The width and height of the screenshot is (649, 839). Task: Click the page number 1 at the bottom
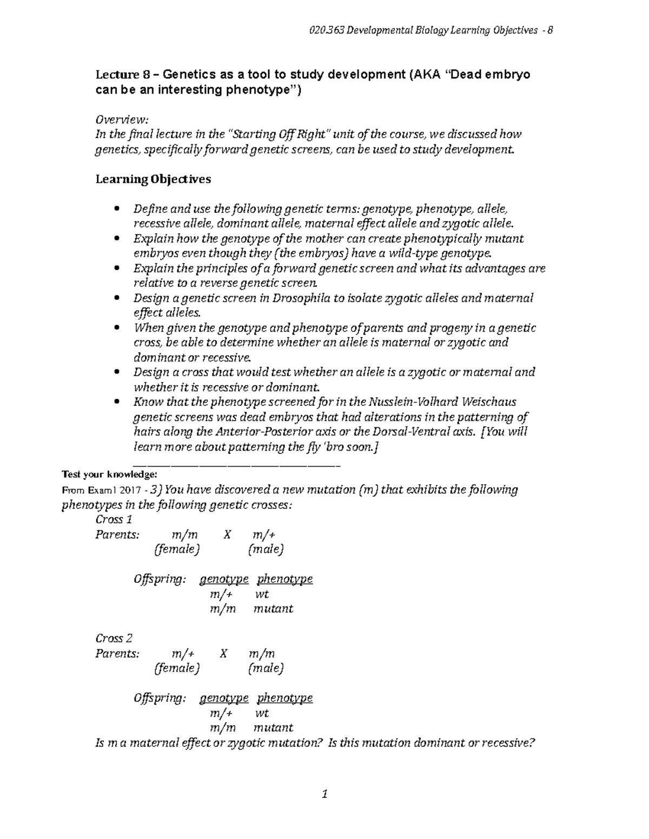point(325,794)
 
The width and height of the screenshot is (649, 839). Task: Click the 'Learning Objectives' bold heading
point(153,179)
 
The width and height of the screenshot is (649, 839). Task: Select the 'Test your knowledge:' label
point(109,474)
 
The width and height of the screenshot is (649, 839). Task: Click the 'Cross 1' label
point(114,519)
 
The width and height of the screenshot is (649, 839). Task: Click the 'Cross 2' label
point(114,638)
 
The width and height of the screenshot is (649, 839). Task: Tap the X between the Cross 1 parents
point(227,534)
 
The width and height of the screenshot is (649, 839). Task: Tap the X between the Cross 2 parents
point(224,653)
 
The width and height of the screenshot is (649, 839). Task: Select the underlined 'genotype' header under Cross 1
point(224,579)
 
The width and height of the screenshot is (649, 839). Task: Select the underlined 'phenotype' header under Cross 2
point(284,697)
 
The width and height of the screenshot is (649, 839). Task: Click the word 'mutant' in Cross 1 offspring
point(273,608)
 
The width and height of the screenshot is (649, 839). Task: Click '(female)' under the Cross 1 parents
point(177,549)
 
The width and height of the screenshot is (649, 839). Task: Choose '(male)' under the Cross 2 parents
point(266,668)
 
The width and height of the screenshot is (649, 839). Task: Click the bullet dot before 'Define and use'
point(117,209)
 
